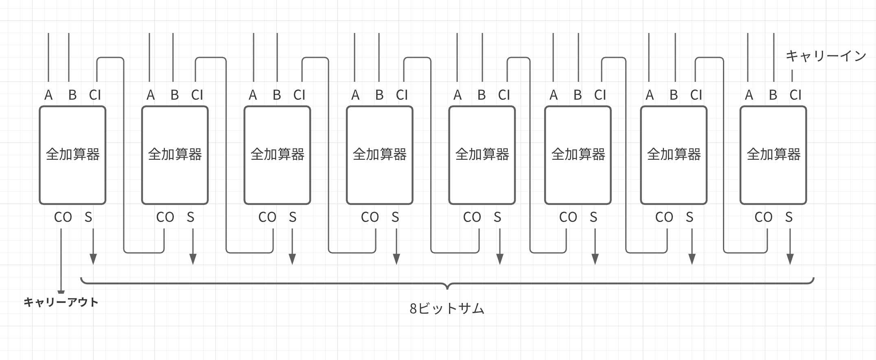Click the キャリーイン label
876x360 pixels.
[826, 56]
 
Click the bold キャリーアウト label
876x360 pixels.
[61, 302]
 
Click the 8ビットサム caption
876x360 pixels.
[447, 309]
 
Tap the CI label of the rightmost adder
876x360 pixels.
[795, 95]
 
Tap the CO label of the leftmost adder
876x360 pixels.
[63, 217]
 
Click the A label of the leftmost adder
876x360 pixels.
[48, 95]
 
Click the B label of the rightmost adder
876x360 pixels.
[773, 95]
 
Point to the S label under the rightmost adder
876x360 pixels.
[788, 217]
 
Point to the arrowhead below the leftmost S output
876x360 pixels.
[93, 259]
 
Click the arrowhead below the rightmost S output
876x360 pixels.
[790, 259]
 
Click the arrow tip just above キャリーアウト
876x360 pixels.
[61, 292]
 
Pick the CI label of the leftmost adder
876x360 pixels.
[95, 95]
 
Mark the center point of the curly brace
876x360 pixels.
[447, 285]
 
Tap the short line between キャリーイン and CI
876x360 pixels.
[792, 76]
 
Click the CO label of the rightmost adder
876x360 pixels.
[763, 217]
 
